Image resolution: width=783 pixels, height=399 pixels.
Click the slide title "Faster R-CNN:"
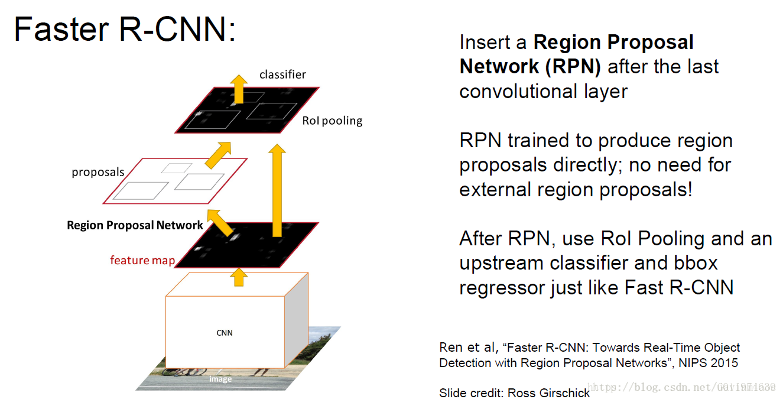(x=125, y=30)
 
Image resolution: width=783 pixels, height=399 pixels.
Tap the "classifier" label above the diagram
(x=282, y=74)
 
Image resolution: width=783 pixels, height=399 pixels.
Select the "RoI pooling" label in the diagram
(x=332, y=121)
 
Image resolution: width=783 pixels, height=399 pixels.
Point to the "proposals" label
(x=98, y=173)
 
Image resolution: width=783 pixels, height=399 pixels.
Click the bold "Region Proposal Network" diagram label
(x=135, y=225)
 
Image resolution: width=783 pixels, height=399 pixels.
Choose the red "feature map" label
(x=142, y=260)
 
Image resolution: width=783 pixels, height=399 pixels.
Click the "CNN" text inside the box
(x=225, y=333)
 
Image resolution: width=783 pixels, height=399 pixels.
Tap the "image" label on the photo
(x=220, y=379)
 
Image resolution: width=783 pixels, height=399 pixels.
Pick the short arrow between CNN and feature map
(x=239, y=277)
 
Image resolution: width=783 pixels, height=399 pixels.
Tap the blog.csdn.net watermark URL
(x=683, y=387)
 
